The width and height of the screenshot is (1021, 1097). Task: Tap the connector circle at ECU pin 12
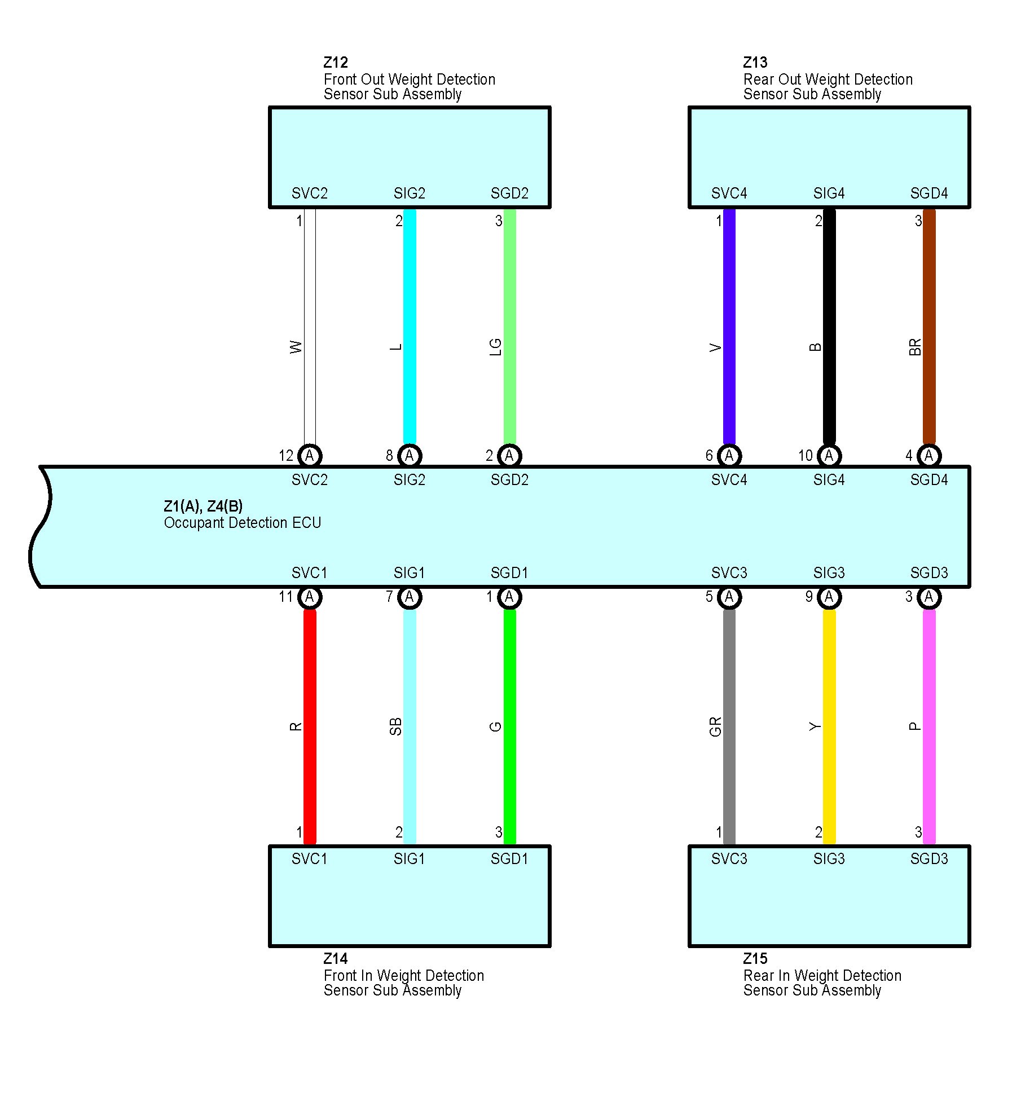(x=309, y=456)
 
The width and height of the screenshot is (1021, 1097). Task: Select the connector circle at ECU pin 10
(x=829, y=456)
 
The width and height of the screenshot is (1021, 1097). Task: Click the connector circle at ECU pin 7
(x=410, y=597)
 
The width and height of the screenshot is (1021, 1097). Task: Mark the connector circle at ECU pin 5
(x=729, y=597)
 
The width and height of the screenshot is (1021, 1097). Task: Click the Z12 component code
(x=336, y=63)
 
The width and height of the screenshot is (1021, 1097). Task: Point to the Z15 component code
(x=755, y=959)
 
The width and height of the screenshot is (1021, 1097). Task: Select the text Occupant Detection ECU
(x=243, y=523)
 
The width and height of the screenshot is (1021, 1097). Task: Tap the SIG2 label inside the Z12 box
(x=410, y=193)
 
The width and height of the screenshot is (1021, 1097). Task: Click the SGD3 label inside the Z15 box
(x=928, y=859)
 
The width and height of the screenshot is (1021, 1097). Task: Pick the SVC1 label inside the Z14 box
(x=309, y=859)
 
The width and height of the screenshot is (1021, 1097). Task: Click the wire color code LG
(x=495, y=347)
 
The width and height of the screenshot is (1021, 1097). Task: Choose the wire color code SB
(x=395, y=726)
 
